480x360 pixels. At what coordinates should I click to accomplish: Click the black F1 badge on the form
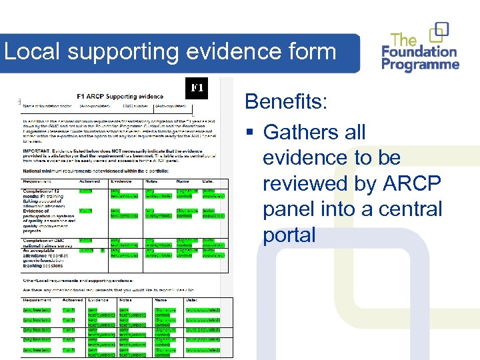pos(197,88)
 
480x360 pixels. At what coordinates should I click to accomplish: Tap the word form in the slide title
pos(311,52)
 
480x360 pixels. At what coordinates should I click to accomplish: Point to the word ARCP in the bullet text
pos(419,183)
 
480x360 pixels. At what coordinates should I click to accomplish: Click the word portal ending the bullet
pos(289,235)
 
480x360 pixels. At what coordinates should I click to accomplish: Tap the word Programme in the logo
pos(421,65)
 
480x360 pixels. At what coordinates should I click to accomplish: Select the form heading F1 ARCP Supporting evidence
pos(120,97)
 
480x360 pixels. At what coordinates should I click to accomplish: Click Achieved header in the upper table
pos(89,181)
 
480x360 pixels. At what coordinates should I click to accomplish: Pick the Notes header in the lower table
pos(126,300)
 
